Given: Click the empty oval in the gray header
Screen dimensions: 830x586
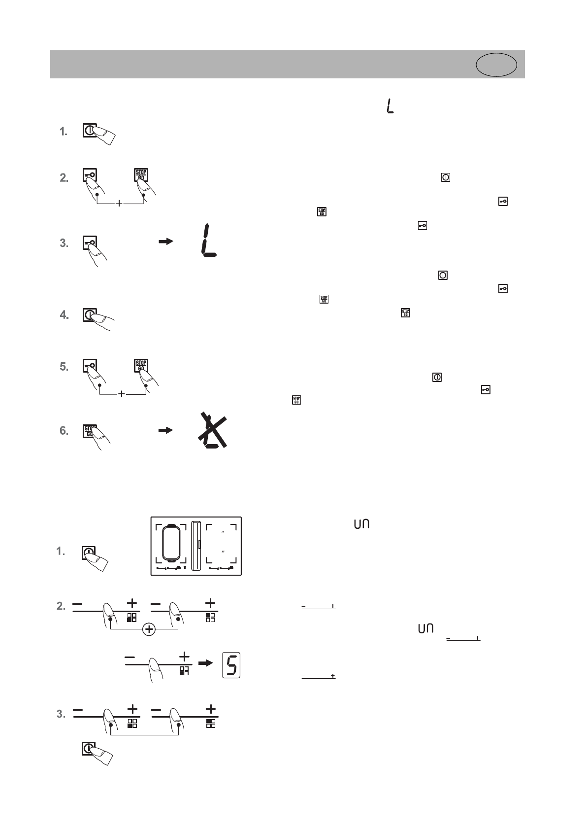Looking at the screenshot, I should click(x=496, y=65).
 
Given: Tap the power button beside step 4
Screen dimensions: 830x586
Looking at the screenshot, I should click(x=90, y=315).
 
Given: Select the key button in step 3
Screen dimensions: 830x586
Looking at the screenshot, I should click(x=90, y=243).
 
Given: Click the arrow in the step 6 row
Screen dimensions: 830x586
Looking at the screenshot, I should click(x=166, y=430).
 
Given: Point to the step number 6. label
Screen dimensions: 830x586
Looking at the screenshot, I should click(x=64, y=431).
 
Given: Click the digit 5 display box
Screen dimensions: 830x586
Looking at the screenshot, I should click(x=231, y=665).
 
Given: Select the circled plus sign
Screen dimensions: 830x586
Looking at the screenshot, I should click(x=148, y=629).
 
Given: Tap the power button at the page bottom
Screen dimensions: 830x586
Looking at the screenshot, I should click(x=89, y=749).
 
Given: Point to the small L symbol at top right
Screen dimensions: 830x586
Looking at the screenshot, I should click(x=391, y=106).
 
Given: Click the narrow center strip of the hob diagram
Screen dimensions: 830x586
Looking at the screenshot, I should click(x=196, y=545).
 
